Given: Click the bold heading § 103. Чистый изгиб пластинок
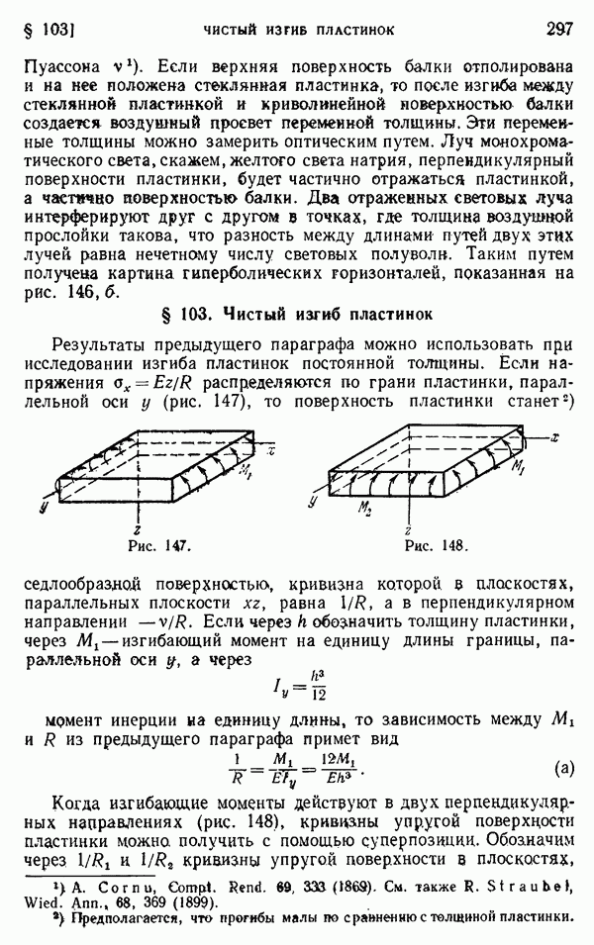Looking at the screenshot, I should coord(296,316).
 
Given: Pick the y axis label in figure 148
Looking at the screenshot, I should coord(314,503).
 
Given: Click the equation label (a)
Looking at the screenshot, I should coord(562,767).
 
